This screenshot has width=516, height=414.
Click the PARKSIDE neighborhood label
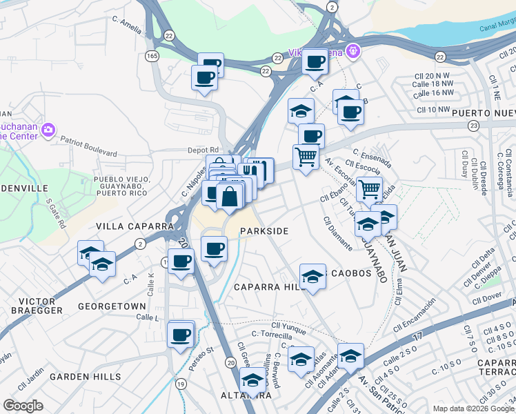pyautogui.click(x=264, y=230)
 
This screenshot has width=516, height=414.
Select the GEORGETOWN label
pyautogui.click(x=112, y=306)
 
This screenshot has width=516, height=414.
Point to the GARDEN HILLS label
pyautogui.click(x=85, y=377)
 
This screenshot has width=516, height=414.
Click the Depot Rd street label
pyautogui.click(x=203, y=150)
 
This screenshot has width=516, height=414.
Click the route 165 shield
pyautogui.click(x=152, y=55)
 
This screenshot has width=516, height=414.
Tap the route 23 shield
pyautogui.click(x=473, y=125)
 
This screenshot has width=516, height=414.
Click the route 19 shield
pyautogui.click(x=181, y=384)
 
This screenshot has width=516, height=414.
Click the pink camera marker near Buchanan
pyautogui.click(x=48, y=129)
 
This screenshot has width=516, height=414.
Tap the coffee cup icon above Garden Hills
pyautogui.click(x=181, y=335)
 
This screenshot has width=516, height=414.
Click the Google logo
pyautogui.click(x=23, y=406)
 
